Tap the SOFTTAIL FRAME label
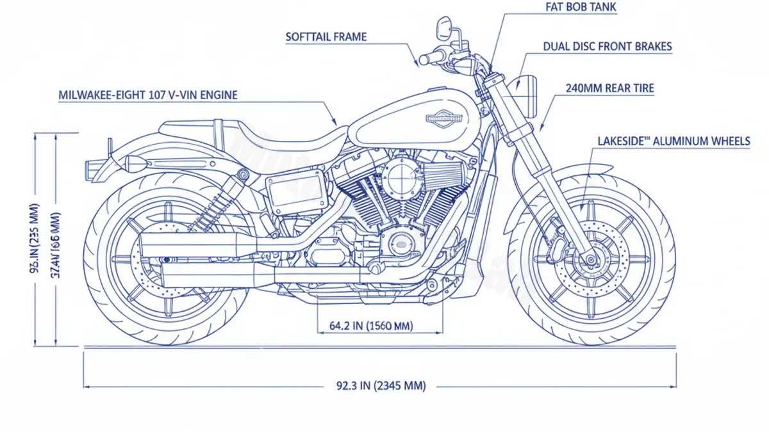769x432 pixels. tap(326, 36)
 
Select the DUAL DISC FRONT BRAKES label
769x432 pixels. tap(608, 47)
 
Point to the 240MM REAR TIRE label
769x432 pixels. tap(609, 88)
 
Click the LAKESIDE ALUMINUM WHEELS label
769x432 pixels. tap(673, 141)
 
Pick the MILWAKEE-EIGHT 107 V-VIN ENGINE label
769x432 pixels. tap(148, 95)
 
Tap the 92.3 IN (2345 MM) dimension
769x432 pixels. tap(381, 386)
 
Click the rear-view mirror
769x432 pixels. tap(443, 27)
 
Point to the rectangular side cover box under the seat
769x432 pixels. tap(290, 190)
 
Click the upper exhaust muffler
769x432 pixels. tap(192, 246)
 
